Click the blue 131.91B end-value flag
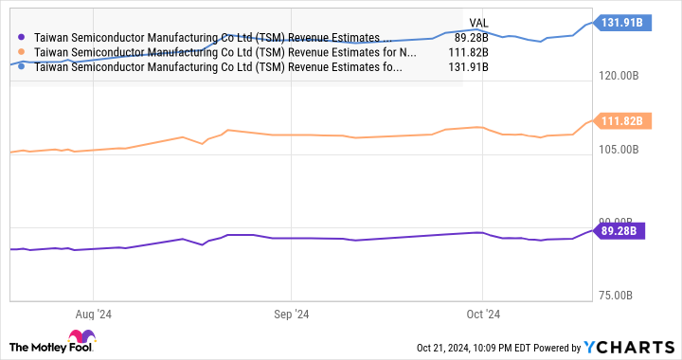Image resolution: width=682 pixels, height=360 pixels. tap(622, 21)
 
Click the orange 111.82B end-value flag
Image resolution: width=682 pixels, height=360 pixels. tap(622, 120)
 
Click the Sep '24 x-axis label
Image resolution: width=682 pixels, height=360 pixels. tap(291, 313)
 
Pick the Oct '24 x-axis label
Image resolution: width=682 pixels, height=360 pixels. tap(483, 313)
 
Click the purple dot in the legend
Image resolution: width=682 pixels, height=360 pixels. tap(21, 38)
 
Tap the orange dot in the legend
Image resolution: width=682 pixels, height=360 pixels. tap(21, 52)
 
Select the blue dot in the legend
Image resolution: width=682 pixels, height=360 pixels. tap(21, 67)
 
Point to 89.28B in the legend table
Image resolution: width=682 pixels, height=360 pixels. tap(469, 38)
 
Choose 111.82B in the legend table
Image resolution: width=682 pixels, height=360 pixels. tap(466, 52)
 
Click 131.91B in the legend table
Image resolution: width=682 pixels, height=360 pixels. tap(466, 67)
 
